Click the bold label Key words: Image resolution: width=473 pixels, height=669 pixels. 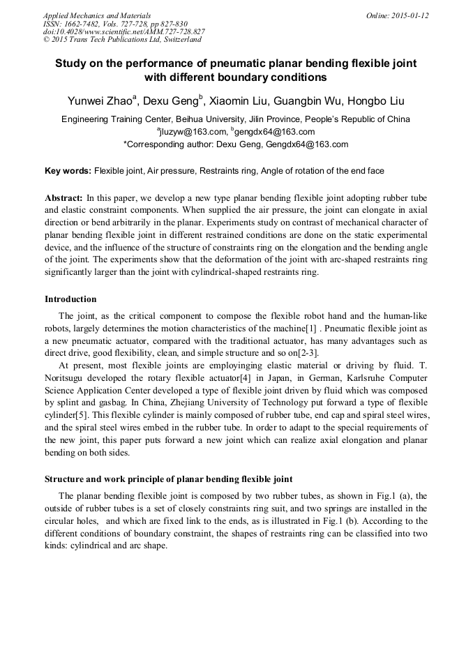tap(68, 171)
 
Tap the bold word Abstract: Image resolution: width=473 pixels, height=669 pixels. tap(64, 198)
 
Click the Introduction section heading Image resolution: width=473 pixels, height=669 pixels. tap(70, 299)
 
